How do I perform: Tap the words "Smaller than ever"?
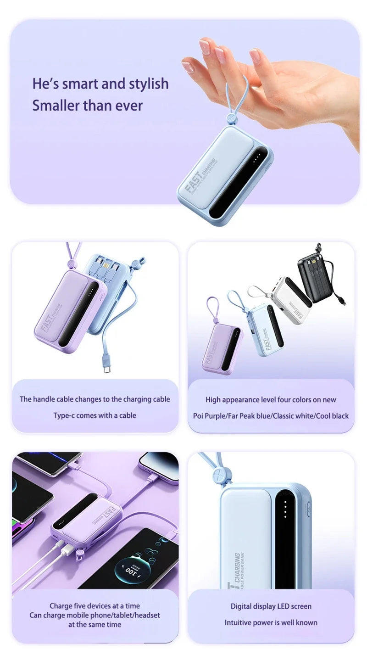pos(87,106)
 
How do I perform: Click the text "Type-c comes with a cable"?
pos(95,415)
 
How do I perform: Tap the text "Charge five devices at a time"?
pos(95,606)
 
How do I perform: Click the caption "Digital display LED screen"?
pos(271,606)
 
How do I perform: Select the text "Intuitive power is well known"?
pos(271,622)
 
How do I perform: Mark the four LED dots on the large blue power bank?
pos(285,509)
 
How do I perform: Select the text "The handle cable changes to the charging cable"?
pos(95,399)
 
